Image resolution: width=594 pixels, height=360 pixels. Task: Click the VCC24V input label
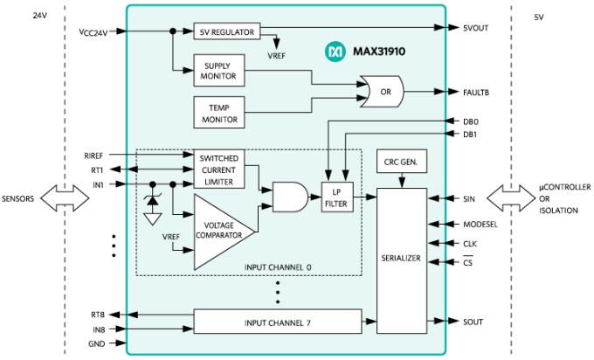94,32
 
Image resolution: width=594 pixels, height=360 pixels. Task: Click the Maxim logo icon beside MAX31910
335,52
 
